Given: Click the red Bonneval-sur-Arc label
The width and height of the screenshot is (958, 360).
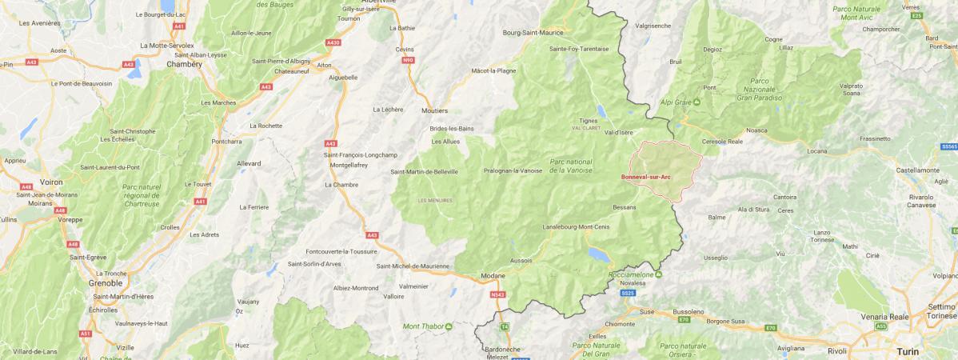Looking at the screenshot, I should (645, 177).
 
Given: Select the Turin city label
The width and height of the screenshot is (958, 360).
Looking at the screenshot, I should (908, 351).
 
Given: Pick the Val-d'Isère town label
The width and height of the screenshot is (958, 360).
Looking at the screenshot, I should (618, 132).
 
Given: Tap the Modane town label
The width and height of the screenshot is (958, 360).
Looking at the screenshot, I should (493, 276).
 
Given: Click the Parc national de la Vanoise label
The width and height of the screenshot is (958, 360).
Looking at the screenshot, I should (571, 165).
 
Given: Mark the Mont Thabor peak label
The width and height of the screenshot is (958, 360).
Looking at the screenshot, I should (422, 326).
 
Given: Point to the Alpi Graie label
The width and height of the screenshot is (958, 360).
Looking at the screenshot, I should (676, 102).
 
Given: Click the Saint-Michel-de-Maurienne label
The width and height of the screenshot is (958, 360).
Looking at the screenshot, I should (413, 266).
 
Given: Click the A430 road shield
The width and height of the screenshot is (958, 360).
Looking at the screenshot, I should (333, 42).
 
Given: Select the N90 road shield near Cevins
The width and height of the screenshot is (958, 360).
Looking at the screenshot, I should (409, 59).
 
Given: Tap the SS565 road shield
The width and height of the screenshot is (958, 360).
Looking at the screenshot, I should (948, 147).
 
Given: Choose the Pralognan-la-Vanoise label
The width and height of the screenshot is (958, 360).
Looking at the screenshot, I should (513, 170).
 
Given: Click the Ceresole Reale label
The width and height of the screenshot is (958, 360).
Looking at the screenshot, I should (722, 141).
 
